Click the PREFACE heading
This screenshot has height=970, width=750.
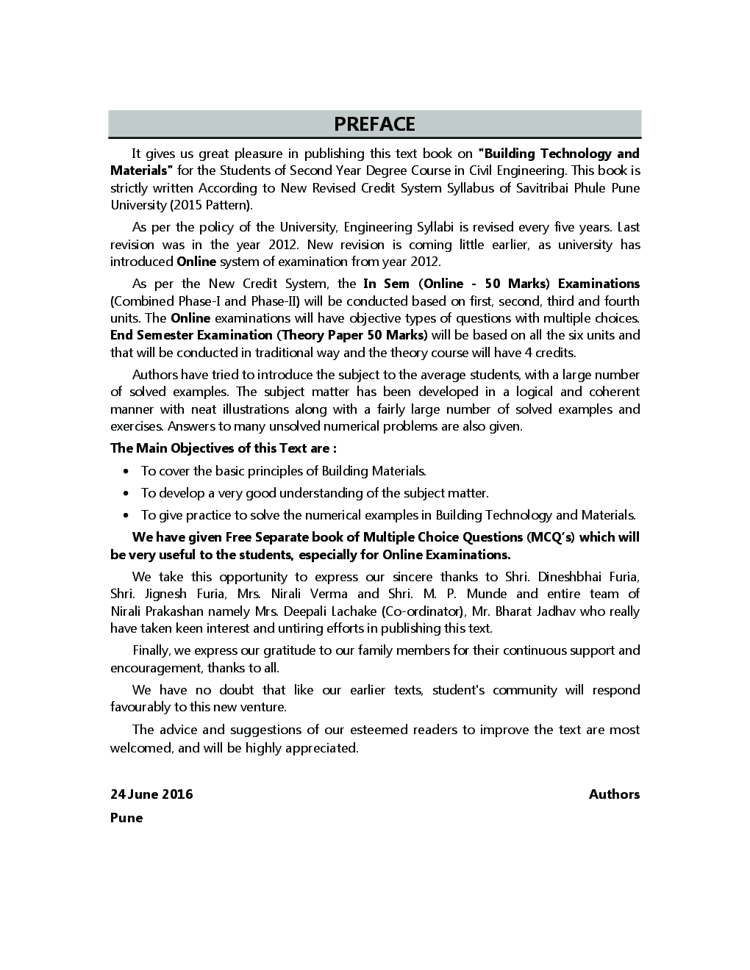pos(374,124)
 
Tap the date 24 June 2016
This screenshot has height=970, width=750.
pos(151,794)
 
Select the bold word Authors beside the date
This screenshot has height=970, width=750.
pos(614,794)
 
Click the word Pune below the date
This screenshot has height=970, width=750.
pos(126,818)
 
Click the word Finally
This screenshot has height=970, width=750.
pos(151,650)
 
